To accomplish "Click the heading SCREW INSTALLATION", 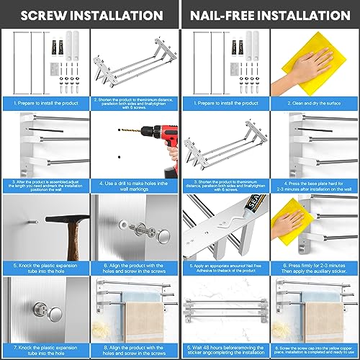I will point(89,13).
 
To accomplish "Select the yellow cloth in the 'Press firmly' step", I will point(297,217).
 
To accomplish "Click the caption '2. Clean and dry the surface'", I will point(313,103).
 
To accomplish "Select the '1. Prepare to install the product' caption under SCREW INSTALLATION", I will point(45,103).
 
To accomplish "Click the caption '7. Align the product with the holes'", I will point(45,348).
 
